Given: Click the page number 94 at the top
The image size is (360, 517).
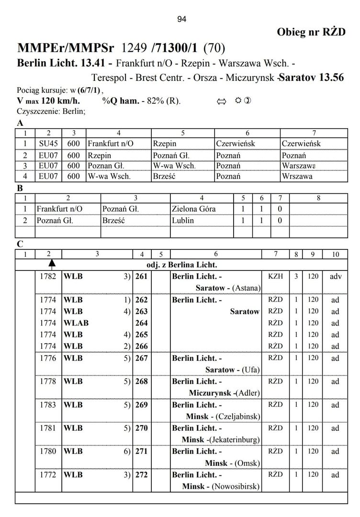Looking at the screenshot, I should (x=181, y=19).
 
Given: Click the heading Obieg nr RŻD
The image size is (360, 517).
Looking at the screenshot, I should (x=311, y=32).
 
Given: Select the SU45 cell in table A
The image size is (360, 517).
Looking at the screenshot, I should (x=48, y=144).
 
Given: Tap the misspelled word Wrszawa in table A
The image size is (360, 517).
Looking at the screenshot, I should (x=297, y=176).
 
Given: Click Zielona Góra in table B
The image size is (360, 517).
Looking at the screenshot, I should (x=193, y=209).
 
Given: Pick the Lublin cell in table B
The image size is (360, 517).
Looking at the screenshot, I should (x=183, y=221).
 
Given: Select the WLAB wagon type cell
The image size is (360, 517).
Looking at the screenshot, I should (x=77, y=323).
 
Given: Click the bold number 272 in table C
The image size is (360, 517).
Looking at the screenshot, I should (x=142, y=475).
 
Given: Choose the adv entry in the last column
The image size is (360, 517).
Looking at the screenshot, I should (x=335, y=276).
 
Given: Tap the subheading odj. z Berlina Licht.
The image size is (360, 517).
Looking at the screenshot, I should (x=182, y=265).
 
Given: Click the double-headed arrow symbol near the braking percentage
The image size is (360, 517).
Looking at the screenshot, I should (x=221, y=101).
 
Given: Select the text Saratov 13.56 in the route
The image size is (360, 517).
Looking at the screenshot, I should (x=312, y=77).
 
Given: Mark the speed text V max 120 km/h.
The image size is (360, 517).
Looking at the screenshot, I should (x=48, y=101).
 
